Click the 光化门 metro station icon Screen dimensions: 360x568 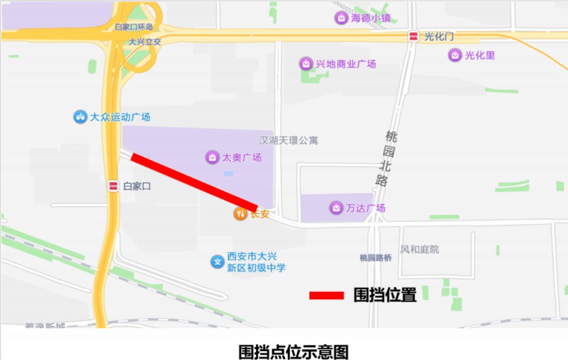tap(413, 36)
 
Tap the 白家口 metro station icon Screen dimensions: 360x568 tap(114, 186)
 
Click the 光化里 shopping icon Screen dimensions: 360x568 tap(454, 55)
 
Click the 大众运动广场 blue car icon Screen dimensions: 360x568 tap(80, 117)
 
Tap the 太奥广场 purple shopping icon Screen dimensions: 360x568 tap(212, 157)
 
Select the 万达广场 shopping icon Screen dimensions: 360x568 tap(336, 208)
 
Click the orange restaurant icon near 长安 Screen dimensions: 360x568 tap(240, 214)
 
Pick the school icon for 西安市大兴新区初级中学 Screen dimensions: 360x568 tap(217, 262)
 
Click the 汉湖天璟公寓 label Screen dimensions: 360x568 tap(288, 140)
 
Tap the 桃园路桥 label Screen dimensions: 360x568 tap(376, 258)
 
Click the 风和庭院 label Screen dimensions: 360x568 tap(420, 250)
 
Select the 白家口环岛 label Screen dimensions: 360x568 tap(134, 27)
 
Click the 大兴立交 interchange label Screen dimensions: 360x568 tap(145, 41)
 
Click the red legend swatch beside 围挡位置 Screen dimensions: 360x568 tap(326, 296)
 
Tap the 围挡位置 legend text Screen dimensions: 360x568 tap(385, 295)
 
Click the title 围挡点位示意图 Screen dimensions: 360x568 tap(294, 352)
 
